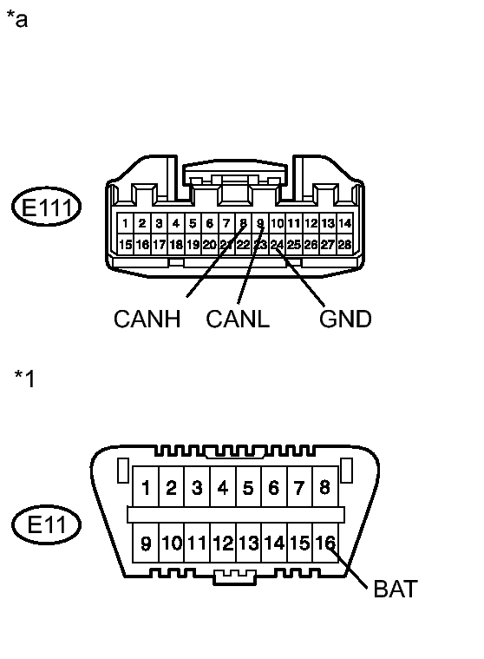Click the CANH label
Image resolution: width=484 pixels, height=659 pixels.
[147, 320]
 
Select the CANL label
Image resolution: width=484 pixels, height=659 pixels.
[238, 320]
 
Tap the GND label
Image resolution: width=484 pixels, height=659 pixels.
[345, 320]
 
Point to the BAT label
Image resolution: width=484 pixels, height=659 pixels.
[396, 590]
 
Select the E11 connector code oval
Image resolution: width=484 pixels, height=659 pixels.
[47, 524]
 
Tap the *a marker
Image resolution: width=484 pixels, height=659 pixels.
[16, 19]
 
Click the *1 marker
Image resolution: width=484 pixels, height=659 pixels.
[24, 379]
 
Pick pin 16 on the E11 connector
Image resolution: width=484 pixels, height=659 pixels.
[324, 544]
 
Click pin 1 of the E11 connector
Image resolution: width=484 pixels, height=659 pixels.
[147, 488]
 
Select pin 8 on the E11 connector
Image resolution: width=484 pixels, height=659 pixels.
[324, 488]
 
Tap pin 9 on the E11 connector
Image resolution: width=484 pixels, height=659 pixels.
[147, 544]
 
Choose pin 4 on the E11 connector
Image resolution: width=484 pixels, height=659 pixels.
[223, 488]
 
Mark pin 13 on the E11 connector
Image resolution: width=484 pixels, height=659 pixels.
[248, 544]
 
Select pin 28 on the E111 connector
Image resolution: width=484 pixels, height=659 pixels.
[344, 245]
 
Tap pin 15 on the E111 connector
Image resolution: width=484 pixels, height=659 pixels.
[126, 245]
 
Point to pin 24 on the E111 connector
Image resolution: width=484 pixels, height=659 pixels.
[278, 245]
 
